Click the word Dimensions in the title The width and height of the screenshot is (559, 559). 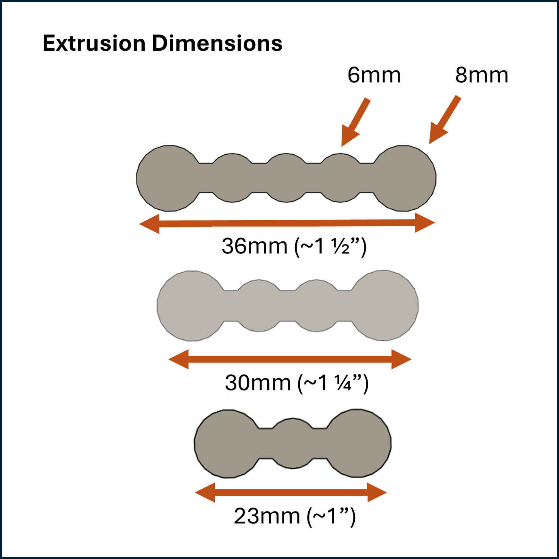pyautogui.click(x=217, y=43)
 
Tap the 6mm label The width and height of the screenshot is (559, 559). pyautogui.click(x=374, y=75)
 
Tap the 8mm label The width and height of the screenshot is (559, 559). pyautogui.click(x=482, y=75)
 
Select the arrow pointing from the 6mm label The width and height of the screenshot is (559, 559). pyautogui.click(x=355, y=122)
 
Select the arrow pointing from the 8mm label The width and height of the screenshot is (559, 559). pyautogui.click(x=444, y=120)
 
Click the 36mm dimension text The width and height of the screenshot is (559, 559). pyautogui.click(x=294, y=246)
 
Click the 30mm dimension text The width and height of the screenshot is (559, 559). pyautogui.click(x=297, y=383)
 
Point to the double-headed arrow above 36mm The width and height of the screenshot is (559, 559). pyautogui.click(x=287, y=223)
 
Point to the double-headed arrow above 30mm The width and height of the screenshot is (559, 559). pyautogui.click(x=290, y=359)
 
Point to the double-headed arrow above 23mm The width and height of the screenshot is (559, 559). pyautogui.click(x=291, y=492)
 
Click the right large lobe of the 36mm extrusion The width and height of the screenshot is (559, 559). pyautogui.click(x=404, y=178)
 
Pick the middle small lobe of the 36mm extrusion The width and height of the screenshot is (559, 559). pyautogui.click(x=286, y=178)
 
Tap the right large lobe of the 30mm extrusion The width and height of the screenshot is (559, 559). pyautogui.click(x=385, y=306)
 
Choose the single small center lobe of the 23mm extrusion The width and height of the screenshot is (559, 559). pyautogui.click(x=293, y=443)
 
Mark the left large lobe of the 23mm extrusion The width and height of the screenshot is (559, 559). pyautogui.click(x=228, y=444)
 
